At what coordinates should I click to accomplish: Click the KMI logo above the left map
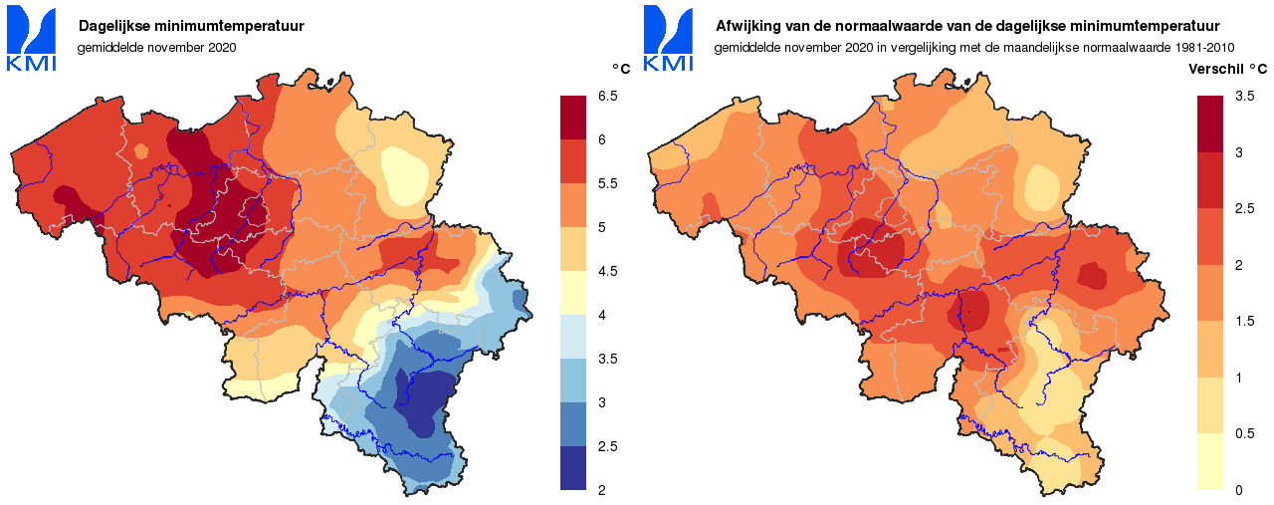(31, 40)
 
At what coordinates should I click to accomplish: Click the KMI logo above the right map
(668, 40)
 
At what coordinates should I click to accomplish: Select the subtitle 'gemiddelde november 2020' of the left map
(156, 47)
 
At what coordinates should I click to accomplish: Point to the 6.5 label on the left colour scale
(607, 96)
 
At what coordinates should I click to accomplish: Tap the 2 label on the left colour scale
(601, 490)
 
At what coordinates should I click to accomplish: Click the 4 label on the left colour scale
(601, 315)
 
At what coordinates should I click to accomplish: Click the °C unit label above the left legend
(620, 69)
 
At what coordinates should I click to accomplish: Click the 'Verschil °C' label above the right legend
(1228, 69)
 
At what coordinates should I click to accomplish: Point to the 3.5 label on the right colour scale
(1244, 96)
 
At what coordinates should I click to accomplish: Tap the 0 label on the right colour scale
(1238, 490)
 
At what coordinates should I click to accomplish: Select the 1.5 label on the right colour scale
(1244, 321)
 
